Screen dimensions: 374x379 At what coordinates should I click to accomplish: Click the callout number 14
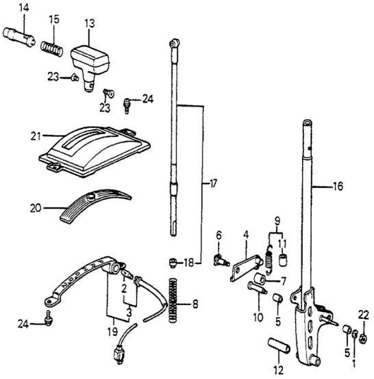24,8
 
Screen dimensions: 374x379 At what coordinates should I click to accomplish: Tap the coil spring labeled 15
52,49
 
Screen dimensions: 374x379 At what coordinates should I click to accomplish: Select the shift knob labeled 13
90,67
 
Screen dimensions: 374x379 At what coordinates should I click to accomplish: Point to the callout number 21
36,136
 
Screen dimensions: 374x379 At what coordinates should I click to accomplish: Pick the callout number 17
213,184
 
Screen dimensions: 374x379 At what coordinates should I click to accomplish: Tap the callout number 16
338,186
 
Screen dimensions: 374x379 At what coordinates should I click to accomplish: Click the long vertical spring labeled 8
173,301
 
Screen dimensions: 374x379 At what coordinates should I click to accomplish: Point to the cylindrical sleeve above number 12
279,345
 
